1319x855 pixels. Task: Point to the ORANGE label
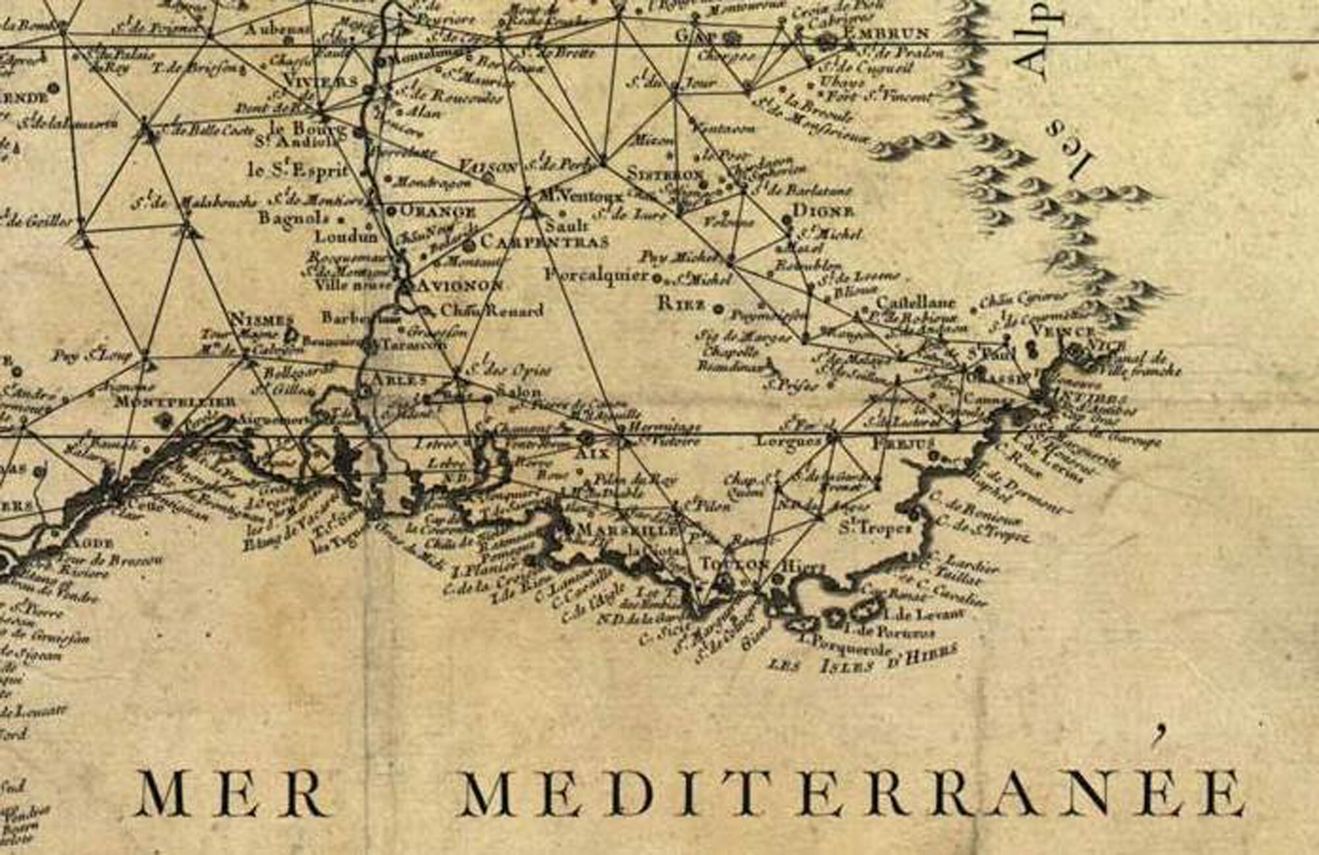[439, 212]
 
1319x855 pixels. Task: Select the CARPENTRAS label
[544, 242]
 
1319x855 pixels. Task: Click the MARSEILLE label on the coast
[627, 530]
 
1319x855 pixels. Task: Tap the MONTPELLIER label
[174, 402]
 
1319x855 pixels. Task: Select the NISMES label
[261, 321]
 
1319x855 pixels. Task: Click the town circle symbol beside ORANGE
[390, 211]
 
